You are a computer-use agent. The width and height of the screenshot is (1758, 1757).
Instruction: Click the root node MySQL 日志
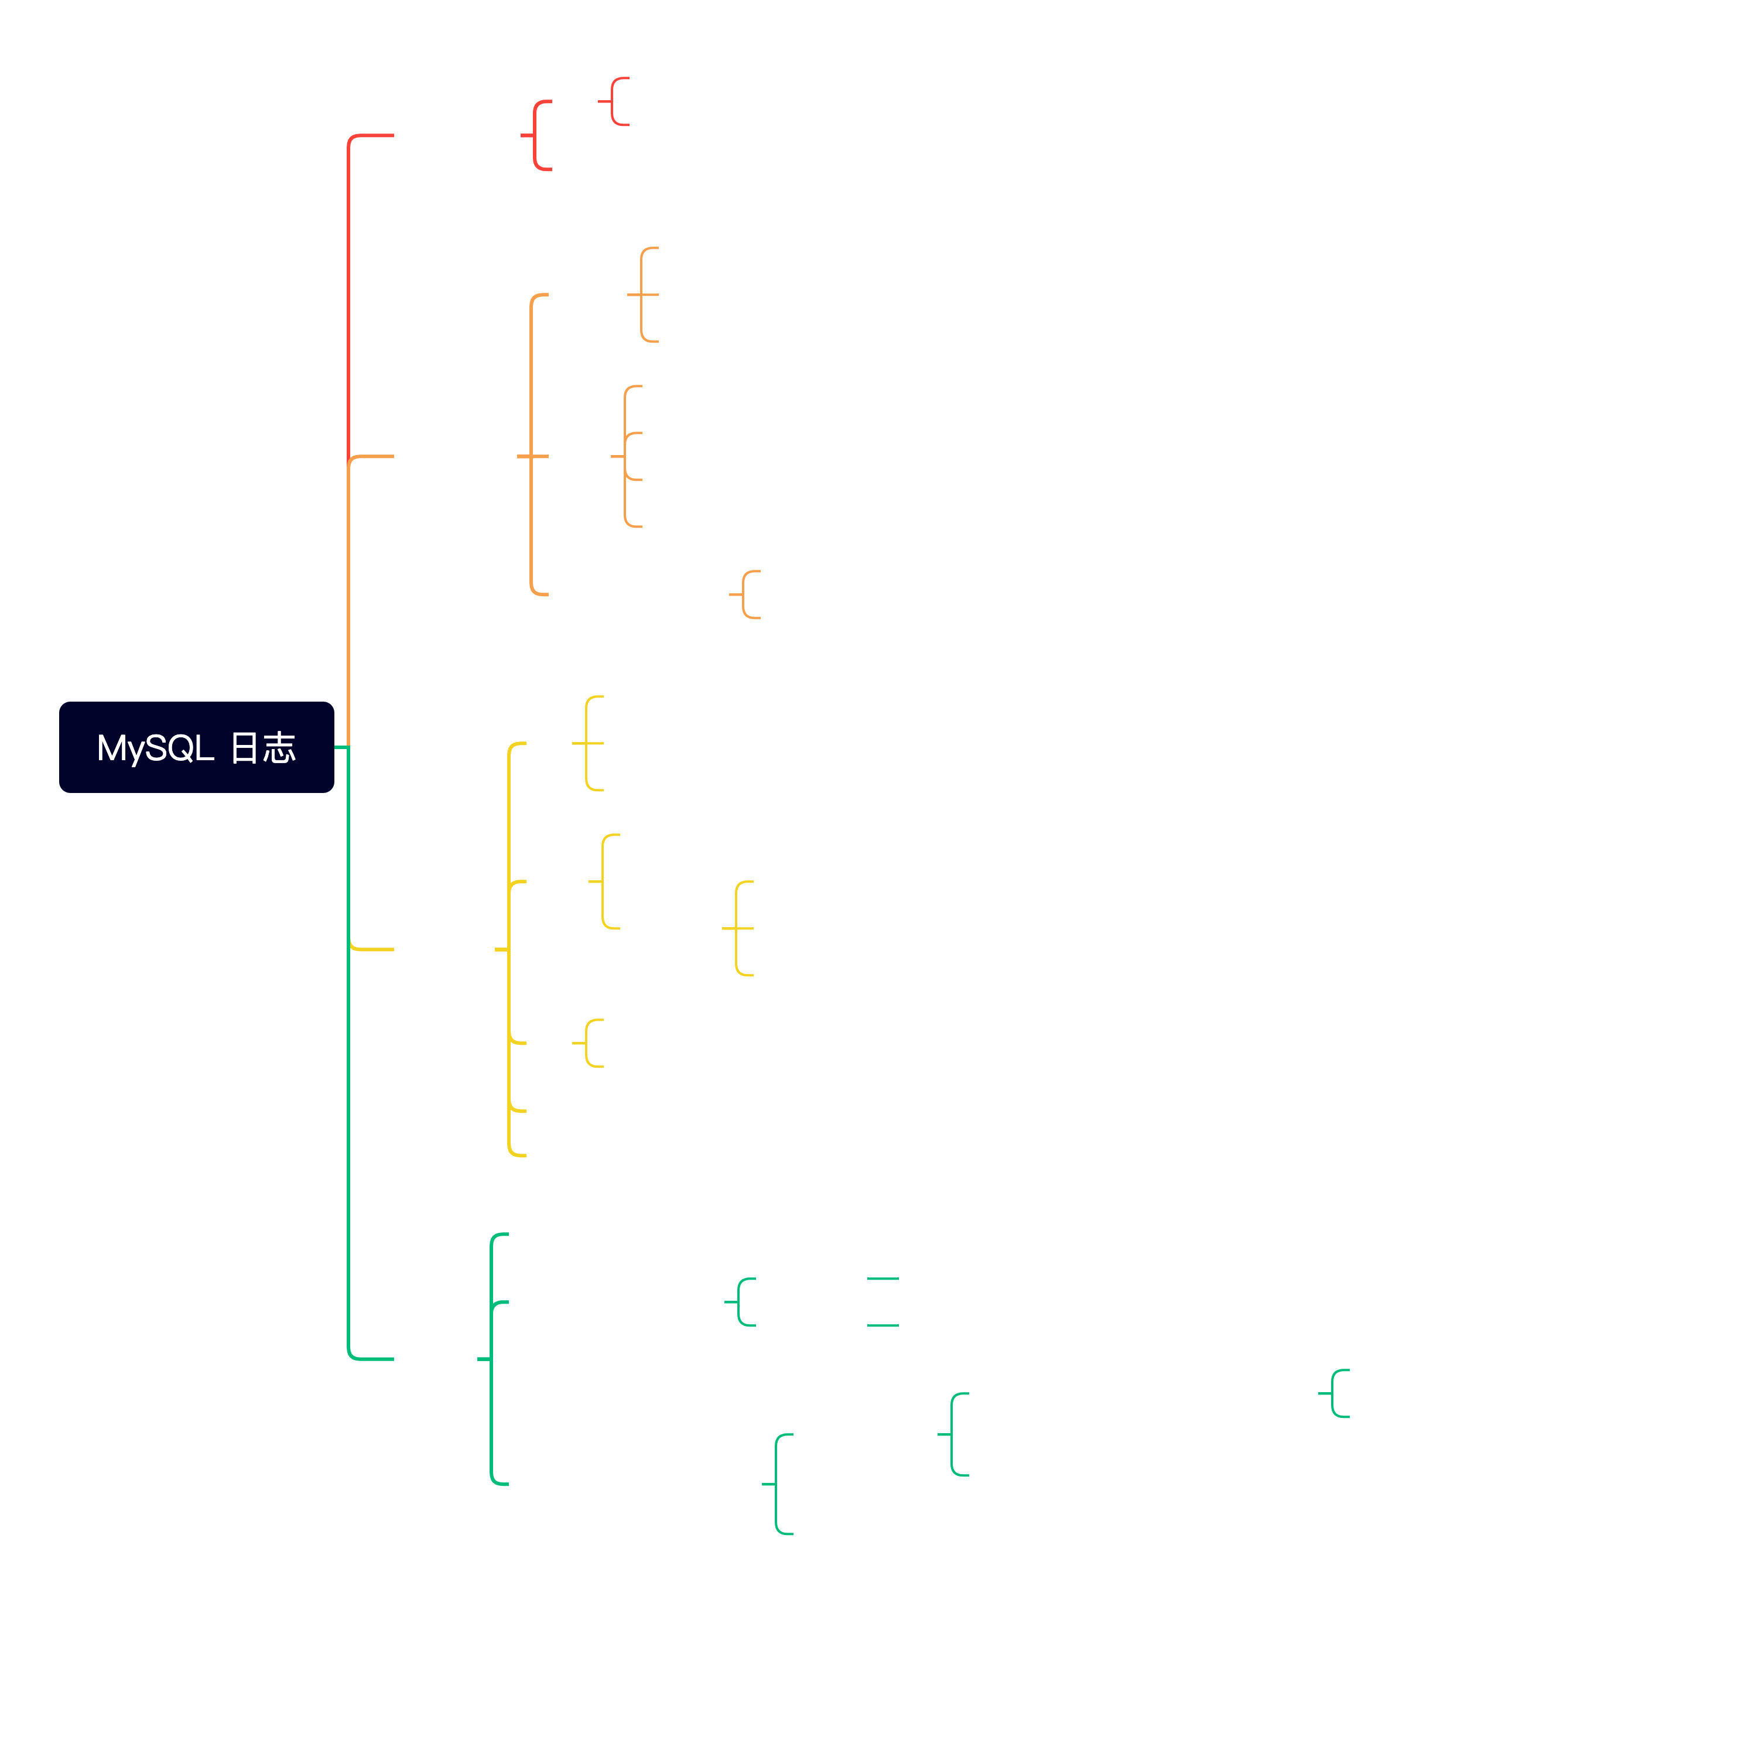point(197,747)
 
